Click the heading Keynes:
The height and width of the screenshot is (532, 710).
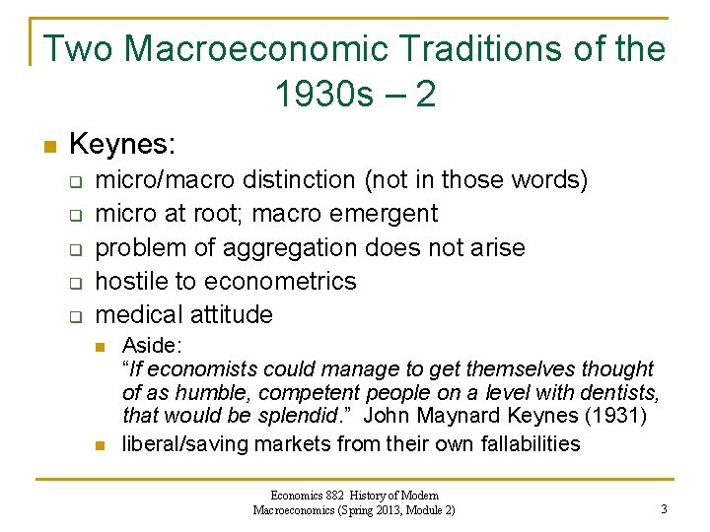[122, 146]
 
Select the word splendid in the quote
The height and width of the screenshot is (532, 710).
[303, 416]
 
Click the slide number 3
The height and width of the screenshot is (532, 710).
[664, 509]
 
